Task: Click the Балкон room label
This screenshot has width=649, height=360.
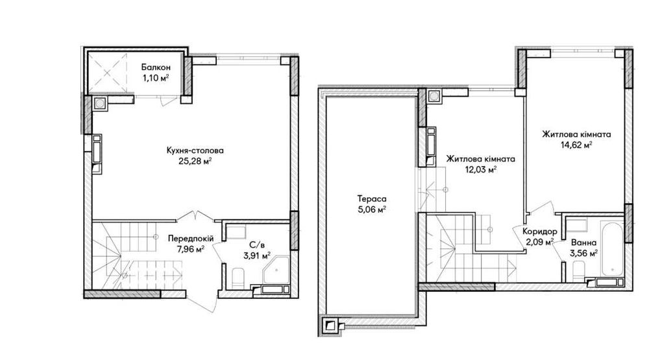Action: (156, 67)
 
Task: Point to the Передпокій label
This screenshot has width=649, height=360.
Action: (191, 238)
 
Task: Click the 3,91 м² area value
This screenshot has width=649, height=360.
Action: (257, 256)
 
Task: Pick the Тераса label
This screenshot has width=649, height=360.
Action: (372, 199)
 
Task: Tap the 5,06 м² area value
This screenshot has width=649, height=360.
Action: (372, 210)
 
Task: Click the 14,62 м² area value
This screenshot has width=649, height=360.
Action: (576, 145)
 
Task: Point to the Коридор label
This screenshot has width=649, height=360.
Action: (539, 232)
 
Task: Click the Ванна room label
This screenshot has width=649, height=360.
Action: (583, 243)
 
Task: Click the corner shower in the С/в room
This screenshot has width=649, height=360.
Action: (276, 269)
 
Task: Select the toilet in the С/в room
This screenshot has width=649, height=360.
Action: (238, 278)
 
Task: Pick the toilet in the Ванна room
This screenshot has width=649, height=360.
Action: (579, 272)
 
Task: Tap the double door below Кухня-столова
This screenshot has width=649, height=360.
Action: (199, 215)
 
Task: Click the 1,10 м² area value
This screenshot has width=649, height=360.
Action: (156, 78)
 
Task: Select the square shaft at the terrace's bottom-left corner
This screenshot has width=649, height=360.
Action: (330, 326)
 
